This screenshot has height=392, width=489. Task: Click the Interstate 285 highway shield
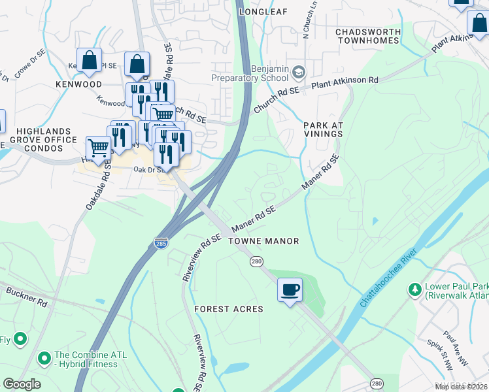pyautogui.click(x=161, y=243)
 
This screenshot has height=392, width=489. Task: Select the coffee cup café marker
pyautogui.click(x=290, y=289)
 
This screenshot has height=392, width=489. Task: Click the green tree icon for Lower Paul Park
pyautogui.click(x=414, y=289)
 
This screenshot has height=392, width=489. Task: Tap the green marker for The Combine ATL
pyautogui.click(x=44, y=358)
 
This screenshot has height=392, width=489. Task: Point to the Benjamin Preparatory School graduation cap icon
pyautogui.click(x=299, y=71)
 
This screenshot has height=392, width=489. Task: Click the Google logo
pyautogui.click(x=22, y=384)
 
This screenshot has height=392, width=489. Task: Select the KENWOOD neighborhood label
pyautogui.click(x=78, y=84)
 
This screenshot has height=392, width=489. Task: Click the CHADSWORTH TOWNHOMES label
pyautogui.click(x=367, y=36)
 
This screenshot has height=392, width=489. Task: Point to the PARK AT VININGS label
pyautogui.click(x=323, y=129)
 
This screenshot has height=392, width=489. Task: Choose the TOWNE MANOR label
pyautogui.click(x=263, y=241)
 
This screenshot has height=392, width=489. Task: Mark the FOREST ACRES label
pyautogui.click(x=229, y=308)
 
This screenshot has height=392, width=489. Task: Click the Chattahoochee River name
pyautogui.click(x=388, y=278)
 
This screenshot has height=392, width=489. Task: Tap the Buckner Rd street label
pyautogui.click(x=27, y=296)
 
